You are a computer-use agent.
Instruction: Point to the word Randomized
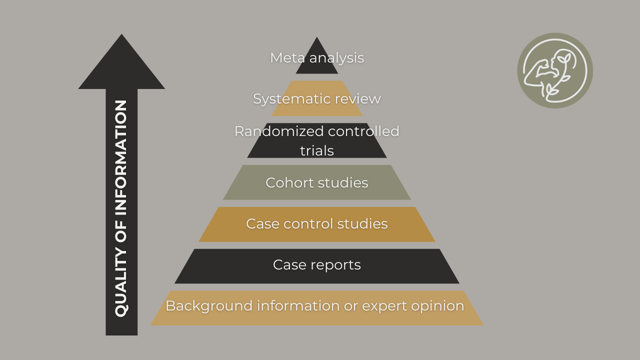coord(272,131)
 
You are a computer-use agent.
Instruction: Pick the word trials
coord(317,151)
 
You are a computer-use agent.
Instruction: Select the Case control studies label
coord(317,224)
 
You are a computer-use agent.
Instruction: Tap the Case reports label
coord(317,265)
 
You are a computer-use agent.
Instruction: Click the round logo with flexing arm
coord(555,70)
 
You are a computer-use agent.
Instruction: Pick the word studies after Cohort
coord(344,183)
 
